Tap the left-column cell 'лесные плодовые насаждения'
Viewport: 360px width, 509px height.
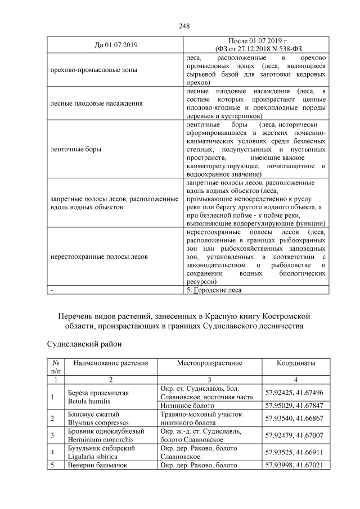click(x=94, y=103)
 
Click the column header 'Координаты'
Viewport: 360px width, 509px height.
click(x=295, y=364)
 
